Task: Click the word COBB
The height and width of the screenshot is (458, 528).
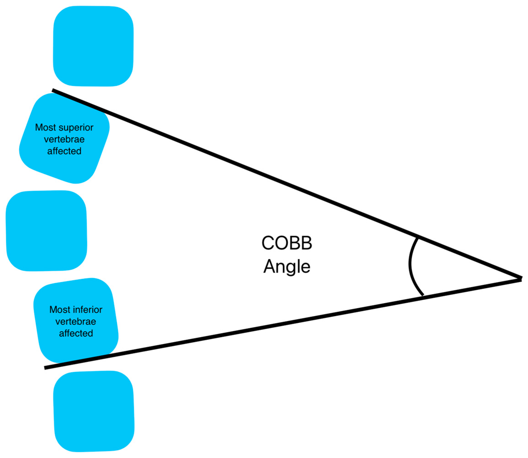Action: (287, 243)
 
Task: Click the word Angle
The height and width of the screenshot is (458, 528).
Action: (287, 267)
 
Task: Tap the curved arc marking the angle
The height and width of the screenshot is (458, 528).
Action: (410, 266)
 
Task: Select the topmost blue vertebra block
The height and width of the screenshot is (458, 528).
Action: (93, 46)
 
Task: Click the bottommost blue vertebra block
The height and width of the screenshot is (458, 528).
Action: (94, 411)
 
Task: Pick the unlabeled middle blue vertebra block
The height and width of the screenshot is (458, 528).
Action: (46, 231)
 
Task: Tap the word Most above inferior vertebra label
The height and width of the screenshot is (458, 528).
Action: (60, 310)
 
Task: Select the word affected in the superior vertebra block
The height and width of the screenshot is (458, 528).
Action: (64, 151)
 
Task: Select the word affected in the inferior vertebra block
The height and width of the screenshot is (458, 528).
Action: (76, 333)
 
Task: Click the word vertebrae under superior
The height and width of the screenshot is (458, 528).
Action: (64, 139)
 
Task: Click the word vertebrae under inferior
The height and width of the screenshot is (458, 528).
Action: (76, 322)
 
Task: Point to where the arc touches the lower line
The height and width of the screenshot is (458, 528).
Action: (423, 295)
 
